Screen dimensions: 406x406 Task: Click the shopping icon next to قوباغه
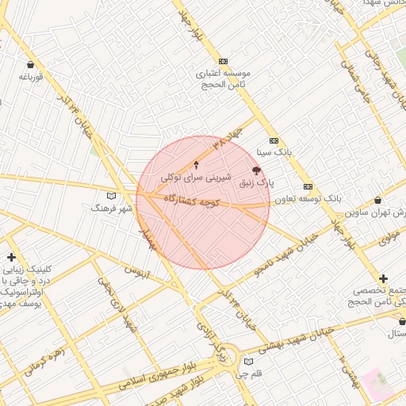30,64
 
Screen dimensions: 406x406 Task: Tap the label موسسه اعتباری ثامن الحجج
224,78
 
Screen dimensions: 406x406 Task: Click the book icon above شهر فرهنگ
111,195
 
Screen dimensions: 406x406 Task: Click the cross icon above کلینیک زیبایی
11,257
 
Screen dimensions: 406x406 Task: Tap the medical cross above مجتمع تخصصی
384,278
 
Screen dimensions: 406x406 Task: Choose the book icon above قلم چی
249,362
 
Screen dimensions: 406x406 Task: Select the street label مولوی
388,237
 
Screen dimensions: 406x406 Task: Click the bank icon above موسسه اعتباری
223,61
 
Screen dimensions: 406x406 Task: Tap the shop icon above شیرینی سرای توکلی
197,165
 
